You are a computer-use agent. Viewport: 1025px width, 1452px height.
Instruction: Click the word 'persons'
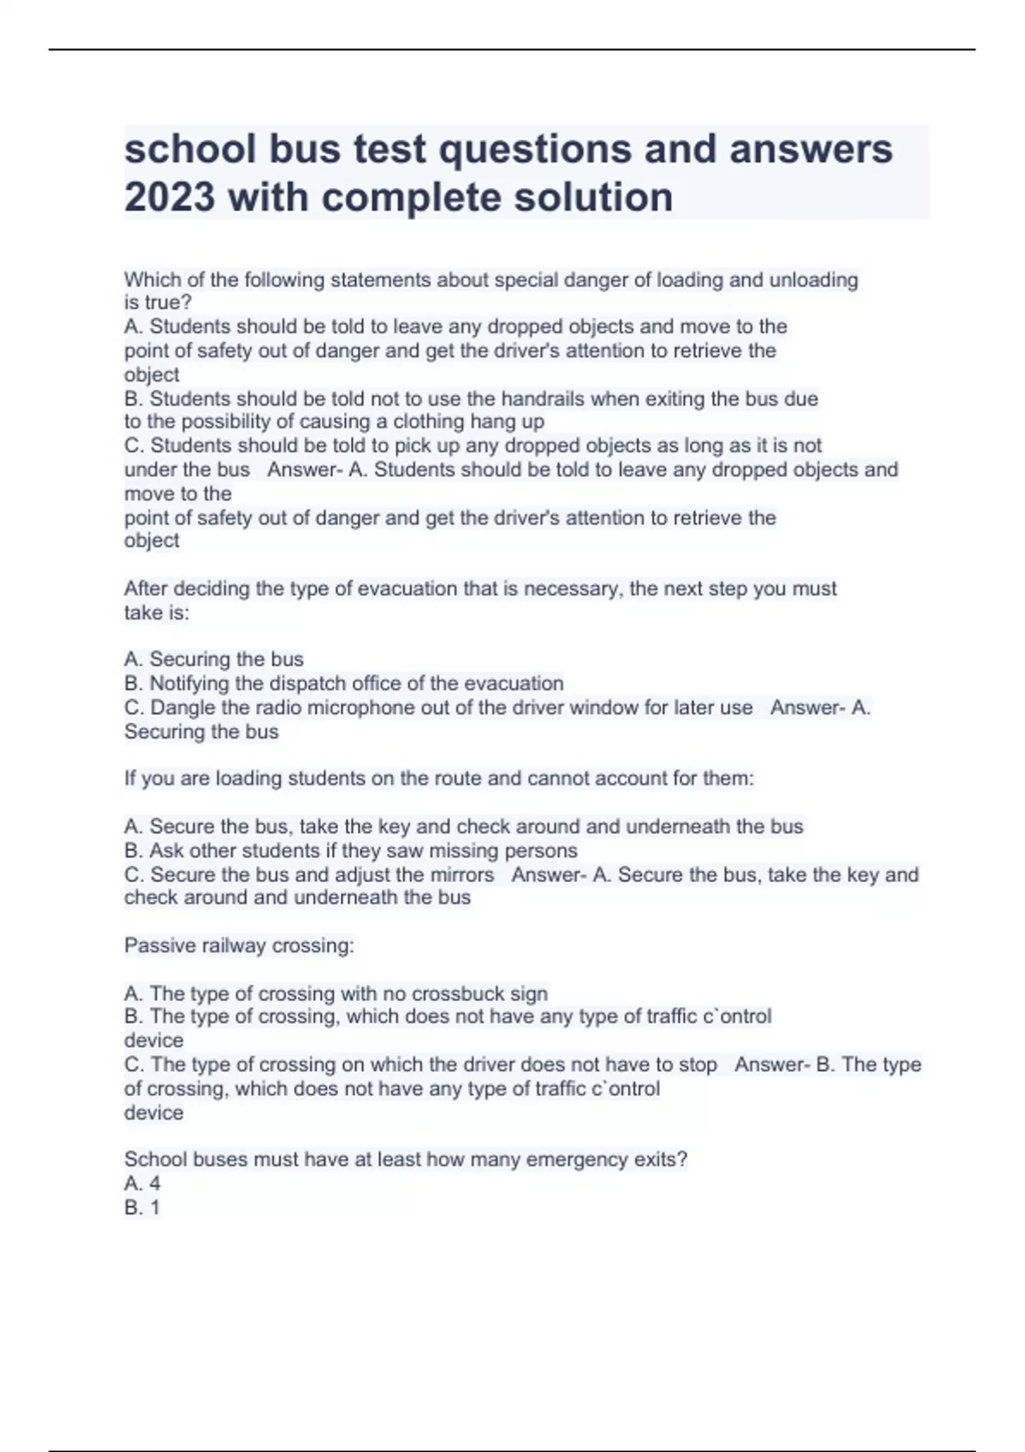click(541, 851)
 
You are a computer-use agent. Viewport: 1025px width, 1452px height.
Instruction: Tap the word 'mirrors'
click(461, 875)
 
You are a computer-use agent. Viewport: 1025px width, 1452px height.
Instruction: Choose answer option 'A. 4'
click(143, 1183)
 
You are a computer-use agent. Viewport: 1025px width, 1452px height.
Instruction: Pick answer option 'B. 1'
click(142, 1207)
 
